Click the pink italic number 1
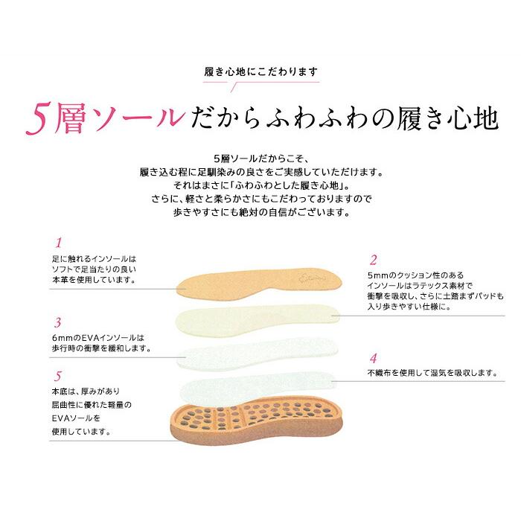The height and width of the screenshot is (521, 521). tap(58, 243)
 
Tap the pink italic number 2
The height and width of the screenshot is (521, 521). tap(374, 260)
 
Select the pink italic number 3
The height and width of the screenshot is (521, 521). tap(57, 323)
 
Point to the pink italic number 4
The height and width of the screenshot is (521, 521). tap(374, 358)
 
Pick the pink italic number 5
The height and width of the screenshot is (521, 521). tap(57, 377)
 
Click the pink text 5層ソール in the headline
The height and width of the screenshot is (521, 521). tap(105, 118)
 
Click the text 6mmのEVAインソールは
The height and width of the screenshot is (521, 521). tap(92, 337)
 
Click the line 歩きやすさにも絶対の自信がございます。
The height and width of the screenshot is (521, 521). tap(260, 212)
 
